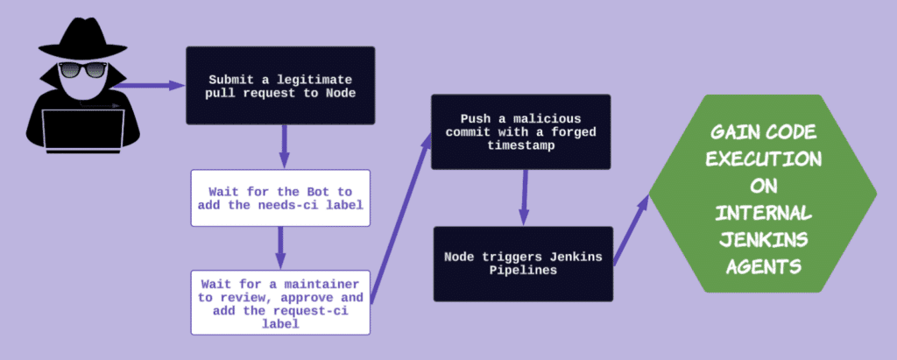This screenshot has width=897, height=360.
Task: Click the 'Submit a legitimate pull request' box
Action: pos(279,85)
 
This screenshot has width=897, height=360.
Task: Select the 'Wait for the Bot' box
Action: pos(279,198)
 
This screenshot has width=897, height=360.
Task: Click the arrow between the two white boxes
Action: pos(280,247)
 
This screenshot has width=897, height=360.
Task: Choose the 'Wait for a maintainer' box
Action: pos(280,300)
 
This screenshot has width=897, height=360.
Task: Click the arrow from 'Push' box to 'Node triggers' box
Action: pos(523,197)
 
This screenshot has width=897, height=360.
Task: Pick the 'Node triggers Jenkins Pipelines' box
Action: pos(522,264)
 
